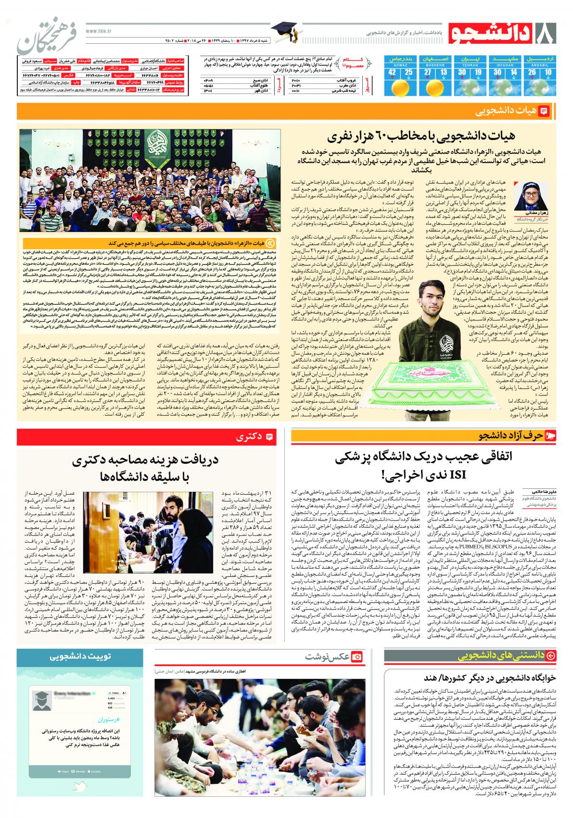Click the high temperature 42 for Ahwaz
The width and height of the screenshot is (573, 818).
pos(393,73)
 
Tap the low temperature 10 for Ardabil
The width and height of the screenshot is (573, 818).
pos(548,73)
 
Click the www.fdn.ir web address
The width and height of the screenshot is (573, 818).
pos(99,29)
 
